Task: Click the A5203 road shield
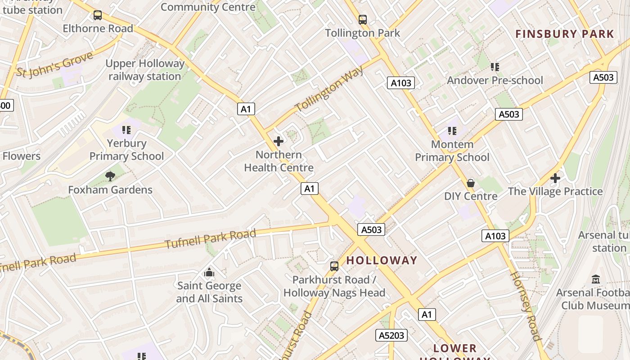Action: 391,335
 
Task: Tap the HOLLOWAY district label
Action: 382,260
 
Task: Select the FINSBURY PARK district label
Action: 564,34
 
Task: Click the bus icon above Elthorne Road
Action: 98,15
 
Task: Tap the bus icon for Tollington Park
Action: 363,20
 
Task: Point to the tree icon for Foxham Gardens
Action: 110,176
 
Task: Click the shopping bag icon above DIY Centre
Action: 471,183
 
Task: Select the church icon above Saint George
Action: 209,272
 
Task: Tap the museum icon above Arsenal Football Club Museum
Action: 596,279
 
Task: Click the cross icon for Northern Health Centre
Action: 279,141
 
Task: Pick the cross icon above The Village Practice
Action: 555,178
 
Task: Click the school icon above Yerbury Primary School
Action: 126,130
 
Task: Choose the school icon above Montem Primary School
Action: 452,131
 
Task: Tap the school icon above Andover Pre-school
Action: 495,67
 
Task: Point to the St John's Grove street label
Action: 55,64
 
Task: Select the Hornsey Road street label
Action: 525,306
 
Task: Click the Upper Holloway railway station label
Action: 145,70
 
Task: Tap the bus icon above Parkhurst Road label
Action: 334,266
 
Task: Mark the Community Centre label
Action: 208,7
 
